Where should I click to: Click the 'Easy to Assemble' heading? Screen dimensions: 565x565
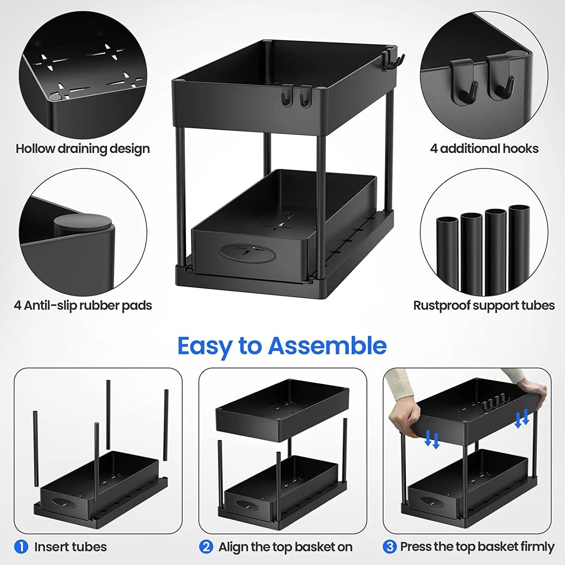[282, 346]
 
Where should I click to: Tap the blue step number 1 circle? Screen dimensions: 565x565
[21, 547]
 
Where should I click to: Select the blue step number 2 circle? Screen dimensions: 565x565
[206, 547]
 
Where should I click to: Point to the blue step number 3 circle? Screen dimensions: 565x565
[389, 547]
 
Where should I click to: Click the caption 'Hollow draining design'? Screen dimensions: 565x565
[82, 149]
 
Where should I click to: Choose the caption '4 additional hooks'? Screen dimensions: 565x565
[484, 149]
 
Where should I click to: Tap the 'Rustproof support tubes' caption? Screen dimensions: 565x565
[484, 305]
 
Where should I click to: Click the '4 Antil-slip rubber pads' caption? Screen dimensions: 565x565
[82, 305]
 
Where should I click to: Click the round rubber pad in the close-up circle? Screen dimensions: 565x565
[83, 225]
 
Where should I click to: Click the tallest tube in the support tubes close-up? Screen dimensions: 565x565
[519, 249]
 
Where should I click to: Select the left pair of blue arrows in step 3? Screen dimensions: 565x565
[432, 440]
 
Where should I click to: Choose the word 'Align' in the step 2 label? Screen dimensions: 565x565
[234, 547]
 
